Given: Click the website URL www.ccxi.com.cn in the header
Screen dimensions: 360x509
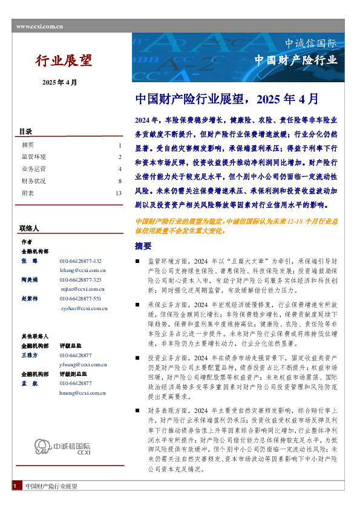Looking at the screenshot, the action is pyautogui.click(x=38, y=27).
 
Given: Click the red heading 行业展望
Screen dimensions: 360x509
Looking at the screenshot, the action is pyautogui.click(x=64, y=60).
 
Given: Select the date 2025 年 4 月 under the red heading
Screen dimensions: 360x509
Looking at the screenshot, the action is pyautogui.click(x=60, y=82).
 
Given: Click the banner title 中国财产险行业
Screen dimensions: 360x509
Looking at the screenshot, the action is pyautogui.click(x=295, y=60).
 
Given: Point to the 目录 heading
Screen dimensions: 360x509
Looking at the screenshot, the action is pyautogui.click(x=25, y=132).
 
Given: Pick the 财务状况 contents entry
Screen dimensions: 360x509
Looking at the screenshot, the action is pyautogui.click(x=33, y=181).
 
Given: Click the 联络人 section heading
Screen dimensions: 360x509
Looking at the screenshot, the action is pyautogui.click(x=29, y=229).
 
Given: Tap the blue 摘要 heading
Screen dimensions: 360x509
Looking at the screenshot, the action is pyautogui.click(x=143, y=246).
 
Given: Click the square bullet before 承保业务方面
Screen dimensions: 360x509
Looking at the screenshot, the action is pyautogui.click(x=137, y=305).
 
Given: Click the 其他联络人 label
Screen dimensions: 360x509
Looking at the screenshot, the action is pyautogui.click(x=34, y=336).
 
